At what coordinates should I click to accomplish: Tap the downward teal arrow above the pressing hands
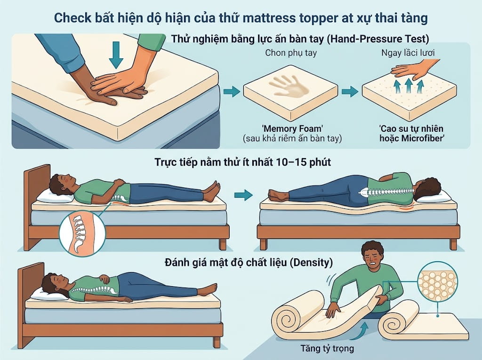coord(116,55)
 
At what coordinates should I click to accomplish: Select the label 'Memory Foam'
coord(292,128)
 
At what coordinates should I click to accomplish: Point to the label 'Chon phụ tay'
coord(291,53)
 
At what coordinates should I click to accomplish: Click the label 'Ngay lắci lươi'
coord(408,53)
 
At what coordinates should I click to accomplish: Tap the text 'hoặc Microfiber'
coord(412,138)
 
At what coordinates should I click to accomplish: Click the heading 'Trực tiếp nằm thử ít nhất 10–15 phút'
coord(242,162)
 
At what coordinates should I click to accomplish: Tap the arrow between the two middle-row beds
coord(243,195)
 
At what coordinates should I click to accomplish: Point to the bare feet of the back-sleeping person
coord(212,191)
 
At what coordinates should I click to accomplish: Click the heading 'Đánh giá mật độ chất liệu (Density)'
coord(249,262)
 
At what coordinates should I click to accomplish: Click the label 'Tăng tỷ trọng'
coord(327,348)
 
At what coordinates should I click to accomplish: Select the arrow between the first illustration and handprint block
coord(232,91)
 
